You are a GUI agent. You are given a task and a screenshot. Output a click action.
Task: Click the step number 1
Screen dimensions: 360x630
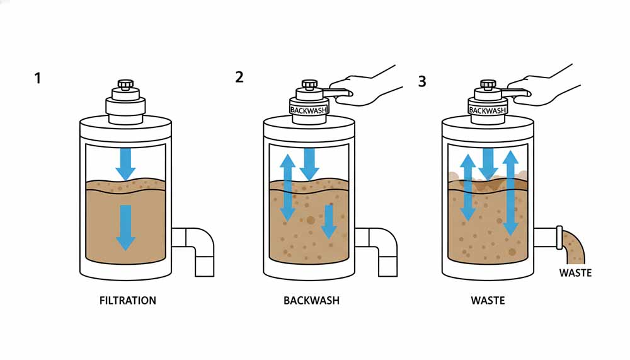[38, 79]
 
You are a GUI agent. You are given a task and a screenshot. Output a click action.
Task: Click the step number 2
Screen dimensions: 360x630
[239, 78]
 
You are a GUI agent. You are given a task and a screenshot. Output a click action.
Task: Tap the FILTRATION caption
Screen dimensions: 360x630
[128, 301]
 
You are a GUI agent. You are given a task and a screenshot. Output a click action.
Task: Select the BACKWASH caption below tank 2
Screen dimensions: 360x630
[311, 301]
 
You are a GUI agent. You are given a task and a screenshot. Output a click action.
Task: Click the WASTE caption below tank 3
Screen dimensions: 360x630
[488, 301]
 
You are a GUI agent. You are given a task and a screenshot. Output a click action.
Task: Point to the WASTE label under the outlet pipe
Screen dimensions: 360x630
[576, 273]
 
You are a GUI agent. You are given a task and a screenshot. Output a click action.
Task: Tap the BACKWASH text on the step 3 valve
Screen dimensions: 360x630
[488, 110]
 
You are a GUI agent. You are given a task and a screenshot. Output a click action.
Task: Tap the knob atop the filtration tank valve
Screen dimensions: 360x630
[125, 84]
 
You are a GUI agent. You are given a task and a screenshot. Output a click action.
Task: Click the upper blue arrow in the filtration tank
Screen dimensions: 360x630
[125, 163]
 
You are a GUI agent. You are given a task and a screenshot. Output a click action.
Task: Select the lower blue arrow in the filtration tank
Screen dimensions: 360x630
[125, 226]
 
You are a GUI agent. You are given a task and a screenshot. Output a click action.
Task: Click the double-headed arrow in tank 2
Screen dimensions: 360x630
[287, 188]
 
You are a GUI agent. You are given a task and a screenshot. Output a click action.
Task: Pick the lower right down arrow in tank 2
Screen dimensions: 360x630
[328, 221]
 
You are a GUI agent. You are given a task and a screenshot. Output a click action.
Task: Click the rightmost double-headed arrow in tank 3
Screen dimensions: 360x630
[511, 192]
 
